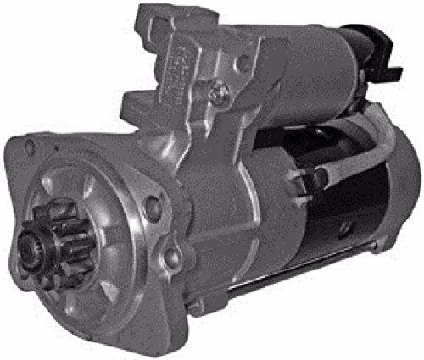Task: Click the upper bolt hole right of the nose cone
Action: click(x=152, y=205)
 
